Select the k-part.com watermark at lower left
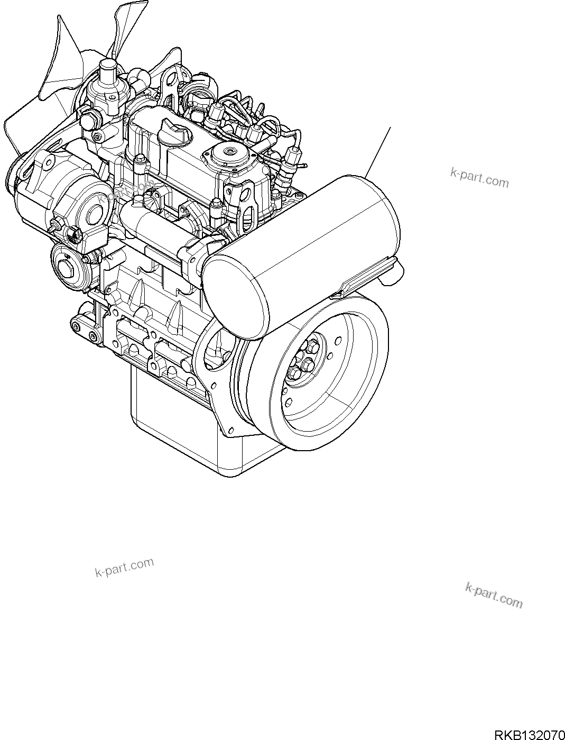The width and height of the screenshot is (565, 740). (x=124, y=568)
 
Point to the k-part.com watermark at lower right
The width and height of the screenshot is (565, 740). (x=494, y=595)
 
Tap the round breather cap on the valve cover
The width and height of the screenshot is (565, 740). (x=228, y=153)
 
